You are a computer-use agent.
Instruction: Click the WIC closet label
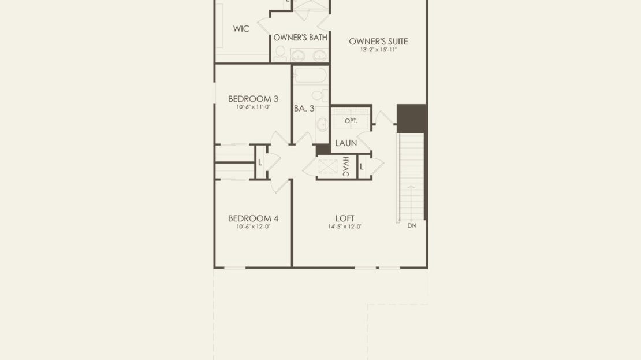(x=241, y=29)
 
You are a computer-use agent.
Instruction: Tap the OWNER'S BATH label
(x=300, y=38)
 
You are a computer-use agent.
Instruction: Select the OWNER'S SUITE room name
(x=379, y=42)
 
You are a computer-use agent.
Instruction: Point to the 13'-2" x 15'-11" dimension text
(x=379, y=50)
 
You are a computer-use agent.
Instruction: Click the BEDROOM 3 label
(x=253, y=99)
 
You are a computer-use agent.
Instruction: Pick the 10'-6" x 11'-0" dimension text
(x=253, y=107)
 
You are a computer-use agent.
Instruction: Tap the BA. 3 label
(x=304, y=109)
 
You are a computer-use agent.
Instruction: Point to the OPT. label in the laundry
(x=351, y=121)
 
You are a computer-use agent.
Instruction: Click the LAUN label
(x=346, y=143)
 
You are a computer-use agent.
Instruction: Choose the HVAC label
(x=345, y=166)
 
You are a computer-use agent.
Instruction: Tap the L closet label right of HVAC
(x=362, y=167)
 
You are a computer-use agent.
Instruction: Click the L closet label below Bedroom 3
(x=260, y=163)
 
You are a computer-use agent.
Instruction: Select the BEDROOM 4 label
(x=253, y=218)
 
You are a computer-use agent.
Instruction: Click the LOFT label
(x=345, y=218)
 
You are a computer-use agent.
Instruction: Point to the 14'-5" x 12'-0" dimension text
(x=345, y=227)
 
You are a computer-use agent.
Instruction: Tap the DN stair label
(x=412, y=225)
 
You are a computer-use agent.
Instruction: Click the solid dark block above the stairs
(x=412, y=118)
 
